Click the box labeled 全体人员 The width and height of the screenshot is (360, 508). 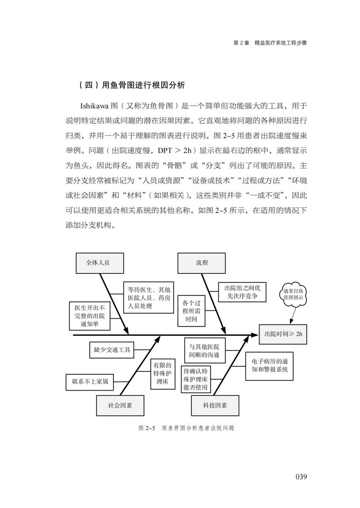click(99, 263)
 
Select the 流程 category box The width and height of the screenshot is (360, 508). click(201, 263)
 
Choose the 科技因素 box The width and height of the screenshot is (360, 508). click(215, 405)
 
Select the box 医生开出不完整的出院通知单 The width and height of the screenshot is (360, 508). click(89, 316)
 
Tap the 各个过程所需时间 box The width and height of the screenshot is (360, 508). click(191, 311)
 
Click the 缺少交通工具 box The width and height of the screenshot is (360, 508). click(112, 350)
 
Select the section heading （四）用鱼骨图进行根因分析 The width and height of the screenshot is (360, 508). click(132, 85)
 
